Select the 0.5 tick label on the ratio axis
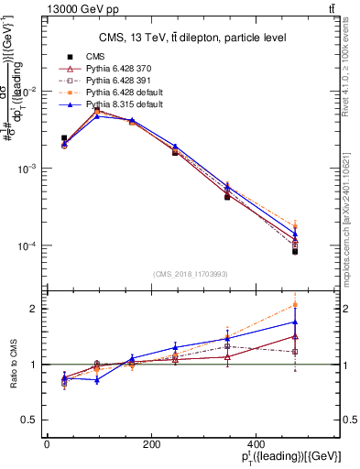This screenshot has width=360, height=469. [27, 420]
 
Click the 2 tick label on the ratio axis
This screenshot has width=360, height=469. [31, 309]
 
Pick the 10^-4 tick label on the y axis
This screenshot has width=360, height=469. [24, 246]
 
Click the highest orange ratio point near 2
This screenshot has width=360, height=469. [295, 304]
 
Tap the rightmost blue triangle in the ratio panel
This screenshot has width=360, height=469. [295, 322]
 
